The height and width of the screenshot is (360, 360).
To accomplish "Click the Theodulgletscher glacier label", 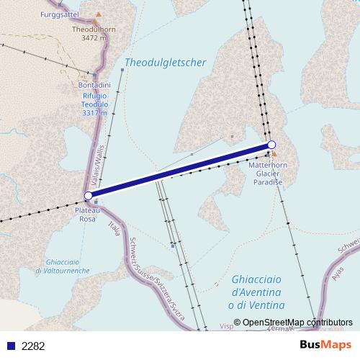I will [x=166, y=63].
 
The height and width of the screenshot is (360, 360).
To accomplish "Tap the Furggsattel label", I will [x=60, y=14].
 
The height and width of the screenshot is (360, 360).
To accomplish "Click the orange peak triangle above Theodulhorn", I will [x=99, y=14].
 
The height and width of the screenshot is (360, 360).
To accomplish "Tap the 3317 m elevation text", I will [x=94, y=113].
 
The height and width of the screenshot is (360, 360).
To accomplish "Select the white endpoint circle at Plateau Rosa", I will [x=88, y=195].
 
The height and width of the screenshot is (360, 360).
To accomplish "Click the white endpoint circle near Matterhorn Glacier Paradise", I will [x=271, y=145].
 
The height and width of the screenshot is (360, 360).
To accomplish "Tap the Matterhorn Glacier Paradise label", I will [x=268, y=174].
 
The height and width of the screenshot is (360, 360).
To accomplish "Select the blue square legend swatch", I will [x=9, y=346].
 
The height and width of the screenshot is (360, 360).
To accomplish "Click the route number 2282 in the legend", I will [x=33, y=346].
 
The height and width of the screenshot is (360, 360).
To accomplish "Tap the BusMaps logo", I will [x=325, y=345].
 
